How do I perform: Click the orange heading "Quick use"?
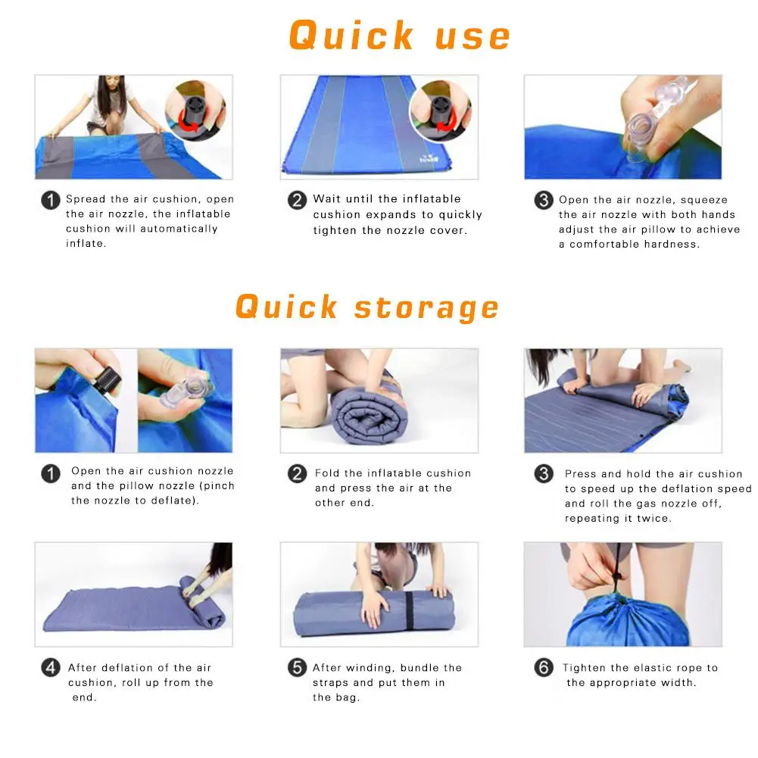click(x=399, y=36)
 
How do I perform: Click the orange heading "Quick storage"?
click(x=367, y=307)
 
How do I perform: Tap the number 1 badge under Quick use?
click(x=51, y=200)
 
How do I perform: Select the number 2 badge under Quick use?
click(x=297, y=200)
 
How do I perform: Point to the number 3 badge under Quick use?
click(x=544, y=200)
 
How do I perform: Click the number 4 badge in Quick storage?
click(x=51, y=668)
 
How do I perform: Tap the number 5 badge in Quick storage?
click(x=297, y=668)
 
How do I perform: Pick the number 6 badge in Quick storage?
click(x=544, y=668)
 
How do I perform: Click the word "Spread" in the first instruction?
click(x=86, y=199)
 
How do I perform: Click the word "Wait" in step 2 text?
click(x=327, y=198)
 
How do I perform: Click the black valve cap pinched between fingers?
click(x=107, y=379)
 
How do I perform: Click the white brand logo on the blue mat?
click(x=429, y=158)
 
